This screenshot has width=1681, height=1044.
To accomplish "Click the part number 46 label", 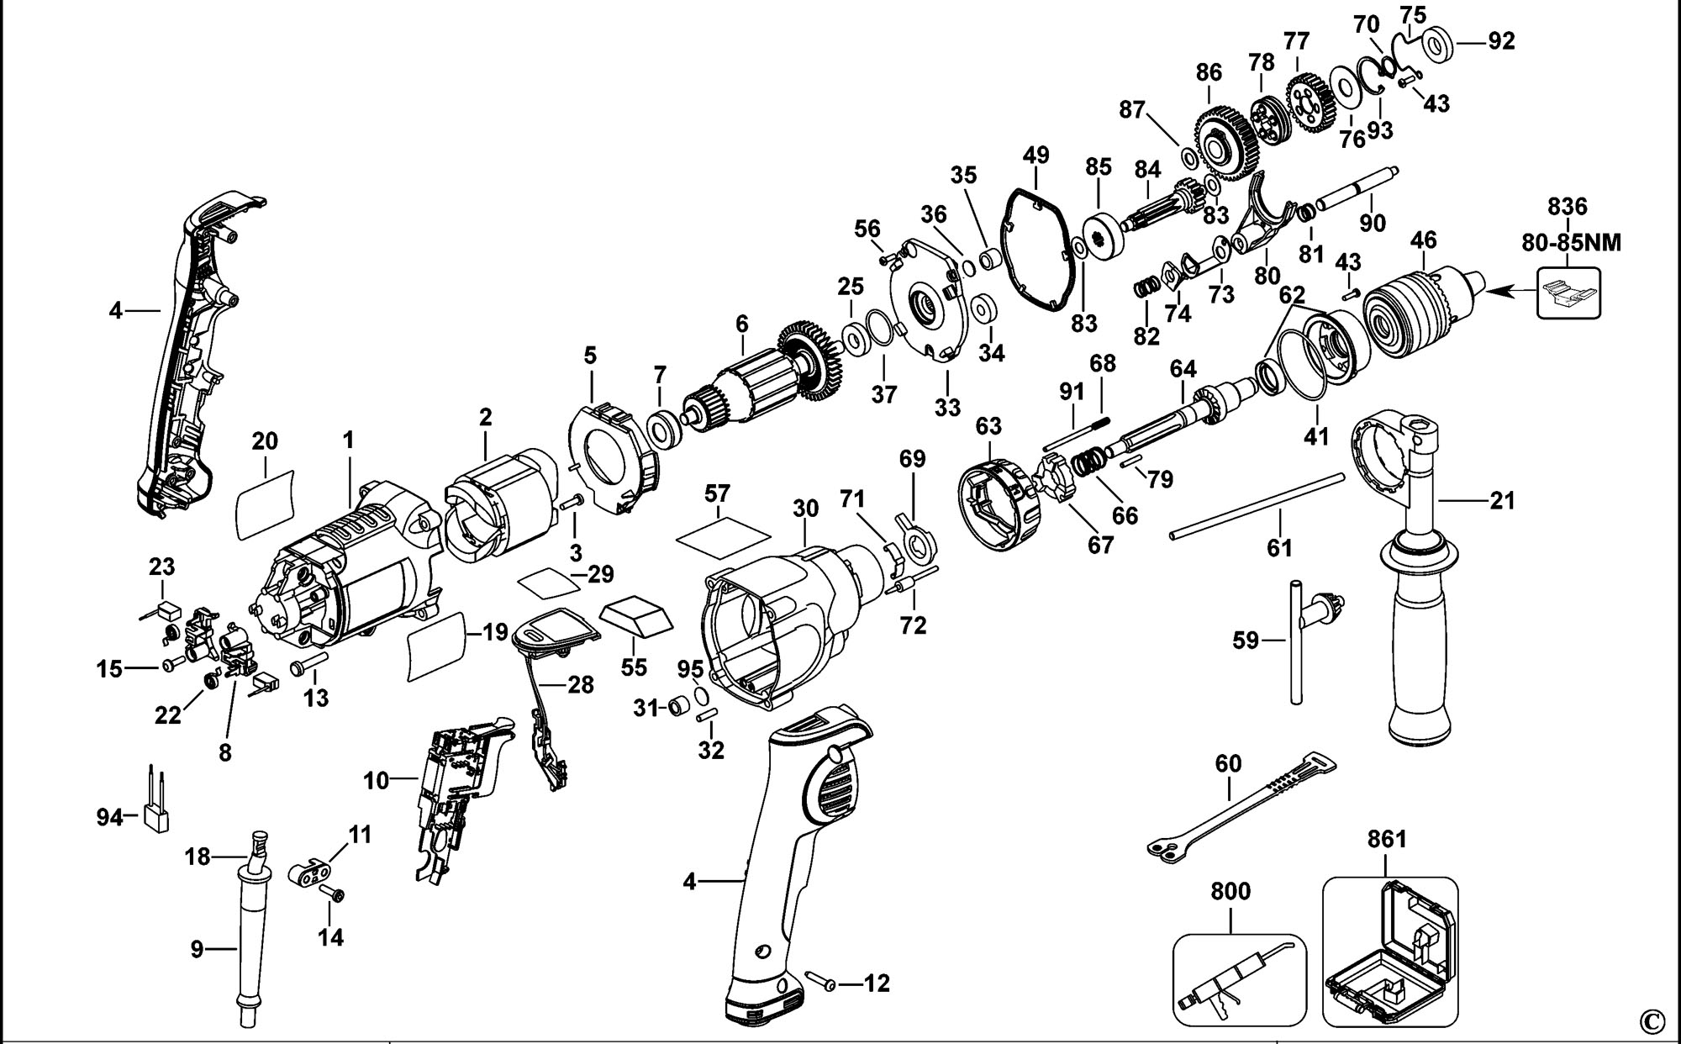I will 1423,240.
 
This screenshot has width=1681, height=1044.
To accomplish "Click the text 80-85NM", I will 1571,243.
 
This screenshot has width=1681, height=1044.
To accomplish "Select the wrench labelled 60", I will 1236,807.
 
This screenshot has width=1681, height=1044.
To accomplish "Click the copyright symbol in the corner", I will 1651,1021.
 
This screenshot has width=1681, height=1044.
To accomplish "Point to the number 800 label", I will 1230,891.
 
